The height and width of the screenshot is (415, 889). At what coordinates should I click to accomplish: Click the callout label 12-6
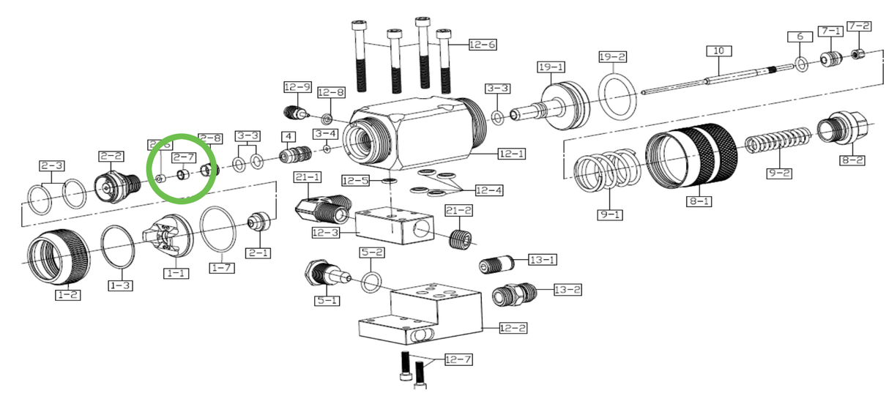[x=483, y=45]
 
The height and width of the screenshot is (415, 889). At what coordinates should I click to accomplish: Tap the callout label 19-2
[x=612, y=56]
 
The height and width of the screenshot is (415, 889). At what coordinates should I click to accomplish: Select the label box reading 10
[x=718, y=51]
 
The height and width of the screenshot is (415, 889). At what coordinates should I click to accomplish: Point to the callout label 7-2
[x=859, y=26]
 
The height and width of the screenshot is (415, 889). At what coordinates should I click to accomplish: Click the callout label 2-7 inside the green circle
[x=184, y=157]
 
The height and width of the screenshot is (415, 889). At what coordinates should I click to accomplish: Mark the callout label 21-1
[x=308, y=177]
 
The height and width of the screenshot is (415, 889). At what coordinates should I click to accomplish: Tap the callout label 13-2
[x=567, y=290]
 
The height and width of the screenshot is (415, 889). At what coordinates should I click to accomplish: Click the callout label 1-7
[x=222, y=269]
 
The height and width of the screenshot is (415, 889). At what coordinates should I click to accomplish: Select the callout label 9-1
[x=609, y=215]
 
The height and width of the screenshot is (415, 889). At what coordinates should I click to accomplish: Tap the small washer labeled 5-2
[x=371, y=280]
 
